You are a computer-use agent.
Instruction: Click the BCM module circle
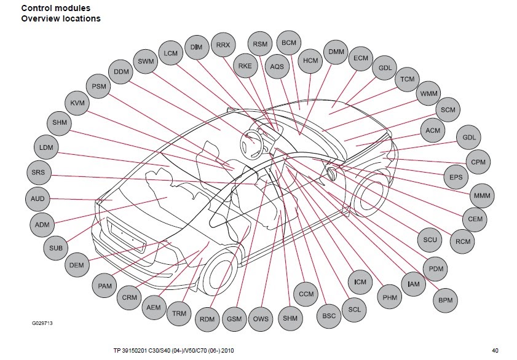click(x=288, y=42)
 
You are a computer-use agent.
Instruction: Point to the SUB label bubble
click(x=56, y=248)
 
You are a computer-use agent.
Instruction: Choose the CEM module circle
click(x=475, y=219)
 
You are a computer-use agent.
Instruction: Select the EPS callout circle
click(x=456, y=178)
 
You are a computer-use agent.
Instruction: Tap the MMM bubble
click(x=480, y=197)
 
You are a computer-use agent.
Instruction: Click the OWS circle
click(x=261, y=319)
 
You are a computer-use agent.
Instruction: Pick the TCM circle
click(x=408, y=80)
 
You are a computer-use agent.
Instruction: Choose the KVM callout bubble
click(x=77, y=103)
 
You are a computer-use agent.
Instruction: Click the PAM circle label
click(x=105, y=286)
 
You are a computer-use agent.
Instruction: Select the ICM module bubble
click(x=360, y=282)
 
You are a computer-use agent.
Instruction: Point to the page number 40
click(x=495, y=351)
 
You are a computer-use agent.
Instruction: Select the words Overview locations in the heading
click(x=61, y=18)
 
